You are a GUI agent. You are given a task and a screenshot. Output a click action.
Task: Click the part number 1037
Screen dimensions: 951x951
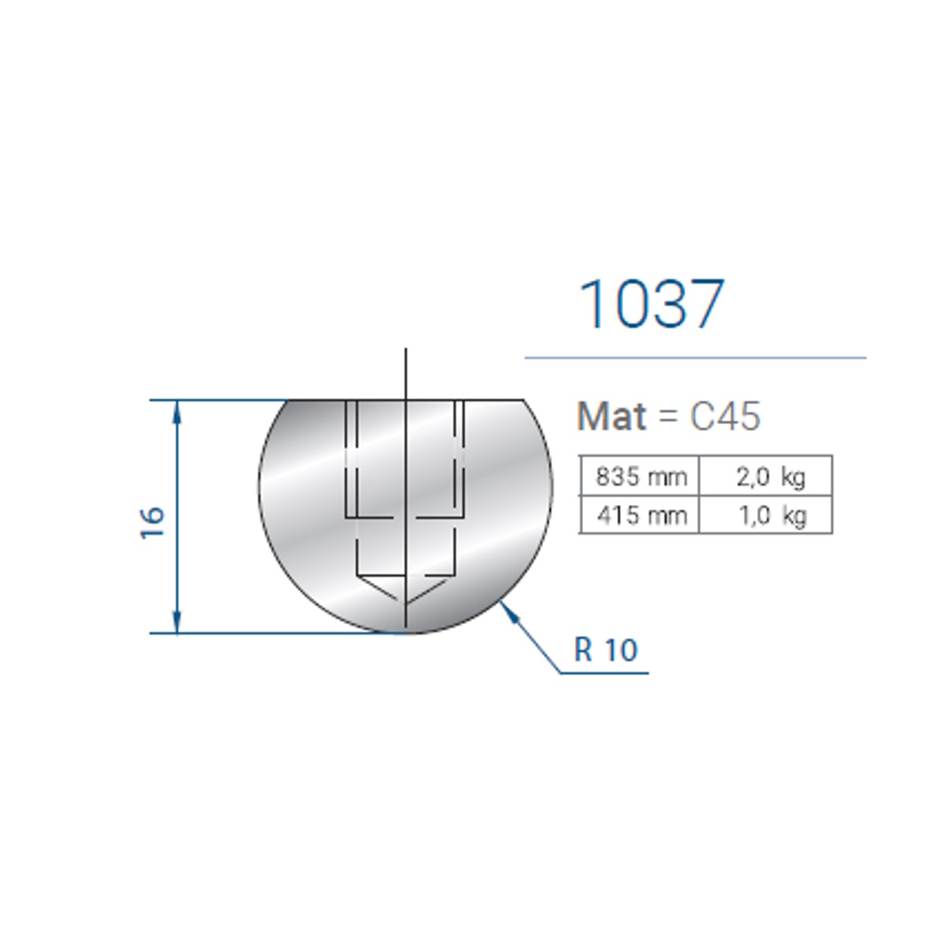coord(652,304)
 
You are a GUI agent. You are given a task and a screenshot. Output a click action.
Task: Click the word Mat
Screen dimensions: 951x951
coord(611,417)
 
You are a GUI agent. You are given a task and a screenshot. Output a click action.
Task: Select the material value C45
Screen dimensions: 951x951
coord(725,417)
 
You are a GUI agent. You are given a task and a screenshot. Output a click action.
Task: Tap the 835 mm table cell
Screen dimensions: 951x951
coord(640,476)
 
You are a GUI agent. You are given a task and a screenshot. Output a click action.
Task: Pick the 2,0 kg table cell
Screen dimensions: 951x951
coord(766,476)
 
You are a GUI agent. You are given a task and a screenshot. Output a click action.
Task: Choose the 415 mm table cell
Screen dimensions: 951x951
coord(640,514)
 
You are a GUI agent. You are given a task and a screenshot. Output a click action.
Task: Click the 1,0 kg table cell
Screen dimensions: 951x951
coord(766,514)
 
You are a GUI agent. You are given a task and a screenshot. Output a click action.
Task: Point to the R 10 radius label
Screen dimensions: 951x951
coord(606,650)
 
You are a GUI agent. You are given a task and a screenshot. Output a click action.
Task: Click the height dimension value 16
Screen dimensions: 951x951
coord(152,521)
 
